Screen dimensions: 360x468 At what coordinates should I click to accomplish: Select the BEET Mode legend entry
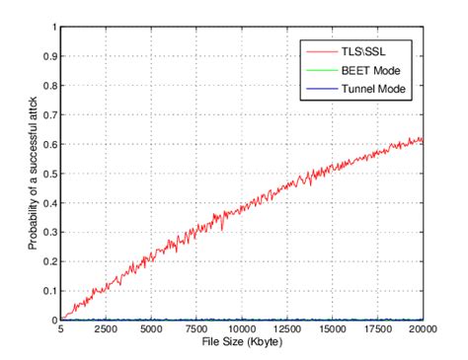(x=371, y=76)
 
